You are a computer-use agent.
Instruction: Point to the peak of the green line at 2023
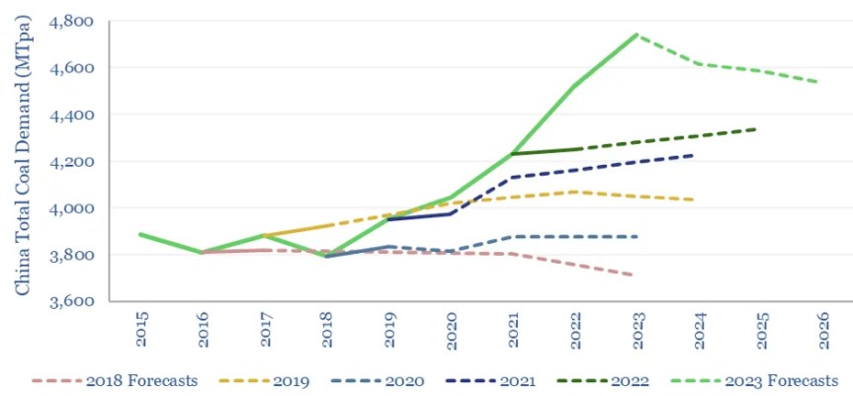click(636, 35)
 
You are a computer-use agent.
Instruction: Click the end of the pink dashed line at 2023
click(636, 276)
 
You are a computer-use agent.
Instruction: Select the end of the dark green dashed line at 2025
click(758, 128)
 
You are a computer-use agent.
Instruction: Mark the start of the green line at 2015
click(140, 234)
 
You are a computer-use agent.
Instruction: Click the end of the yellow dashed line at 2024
click(696, 199)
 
